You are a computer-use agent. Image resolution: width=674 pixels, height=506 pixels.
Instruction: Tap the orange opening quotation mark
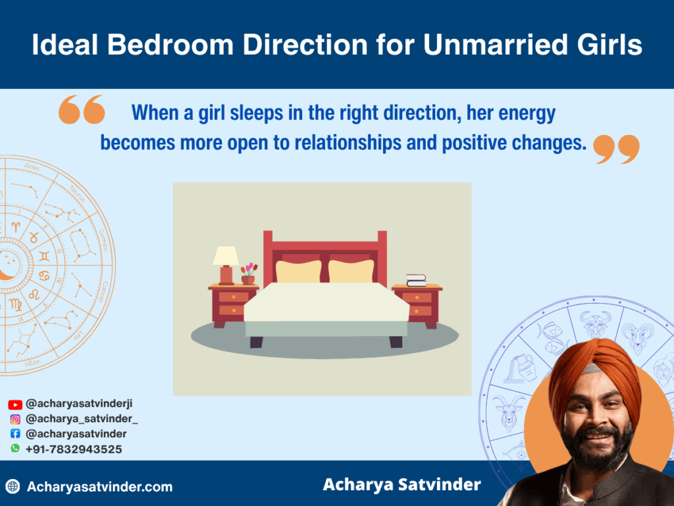pos(82,109)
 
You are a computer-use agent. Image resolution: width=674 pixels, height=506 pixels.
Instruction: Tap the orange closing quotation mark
pos(616,149)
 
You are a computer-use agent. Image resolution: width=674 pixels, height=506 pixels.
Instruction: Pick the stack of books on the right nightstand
pos(416,280)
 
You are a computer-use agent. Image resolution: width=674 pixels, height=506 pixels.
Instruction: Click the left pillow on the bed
pos(298,271)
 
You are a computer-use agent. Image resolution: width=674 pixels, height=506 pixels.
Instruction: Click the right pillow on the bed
pos(351,271)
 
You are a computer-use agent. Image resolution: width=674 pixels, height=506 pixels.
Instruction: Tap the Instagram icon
pos(15,419)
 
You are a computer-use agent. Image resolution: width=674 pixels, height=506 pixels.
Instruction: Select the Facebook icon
pos(15,434)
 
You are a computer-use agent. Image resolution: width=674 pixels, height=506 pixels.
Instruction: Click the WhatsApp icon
pos(15,448)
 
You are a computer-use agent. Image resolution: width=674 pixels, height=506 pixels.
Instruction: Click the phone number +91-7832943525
pos(73,449)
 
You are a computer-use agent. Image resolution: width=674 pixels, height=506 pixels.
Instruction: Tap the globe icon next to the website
pos(13,487)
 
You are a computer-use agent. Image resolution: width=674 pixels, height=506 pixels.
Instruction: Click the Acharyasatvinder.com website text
pos(99,487)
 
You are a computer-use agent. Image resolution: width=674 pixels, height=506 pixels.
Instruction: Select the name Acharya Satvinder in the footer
pos(402,485)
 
